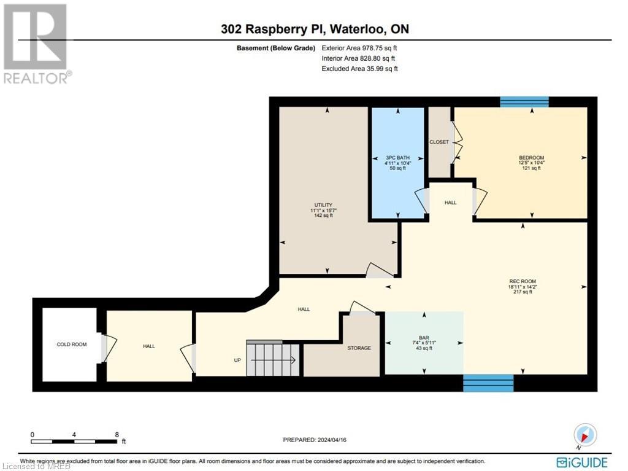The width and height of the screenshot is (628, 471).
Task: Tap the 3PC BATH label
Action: point(397,157)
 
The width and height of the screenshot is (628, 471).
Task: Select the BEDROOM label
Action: point(531,157)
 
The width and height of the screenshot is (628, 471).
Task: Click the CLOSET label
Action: point(439,142)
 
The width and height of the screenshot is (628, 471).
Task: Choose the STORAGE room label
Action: point(359,348)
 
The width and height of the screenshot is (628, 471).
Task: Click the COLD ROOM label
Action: point(72,344)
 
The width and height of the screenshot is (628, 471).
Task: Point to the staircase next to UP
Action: point(272,359)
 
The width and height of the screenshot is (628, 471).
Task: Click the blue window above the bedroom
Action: point(524,101)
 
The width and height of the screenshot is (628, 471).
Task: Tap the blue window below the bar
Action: point(488,383)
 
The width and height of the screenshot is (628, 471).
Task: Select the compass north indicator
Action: point(585,435)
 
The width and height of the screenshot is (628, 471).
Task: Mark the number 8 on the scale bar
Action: point(117,434)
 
